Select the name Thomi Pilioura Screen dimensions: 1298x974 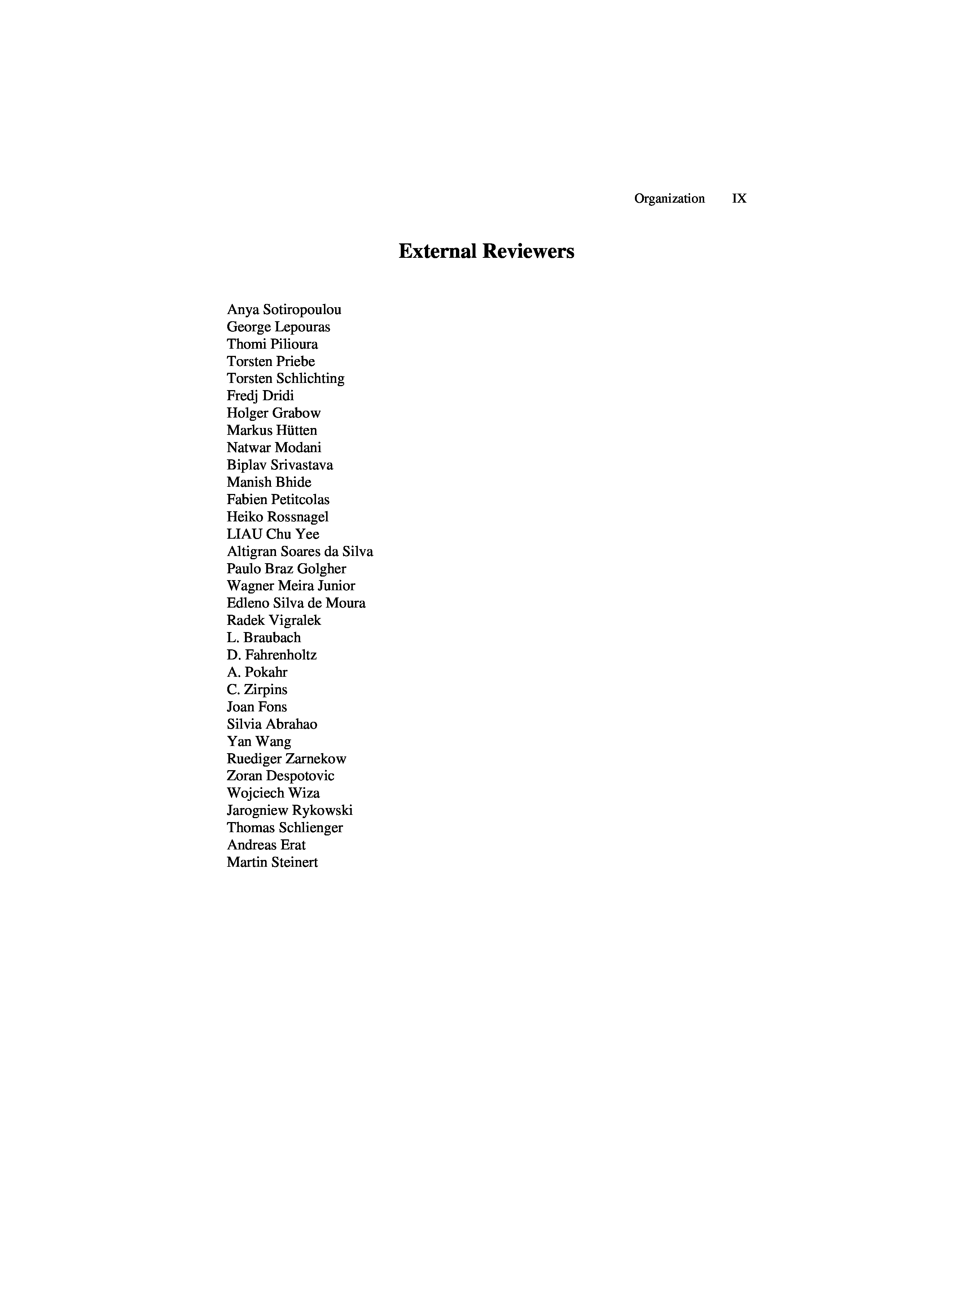coord(272,344)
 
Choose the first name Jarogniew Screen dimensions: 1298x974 coord(256,811)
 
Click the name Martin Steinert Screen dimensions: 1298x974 coord(272,862)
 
